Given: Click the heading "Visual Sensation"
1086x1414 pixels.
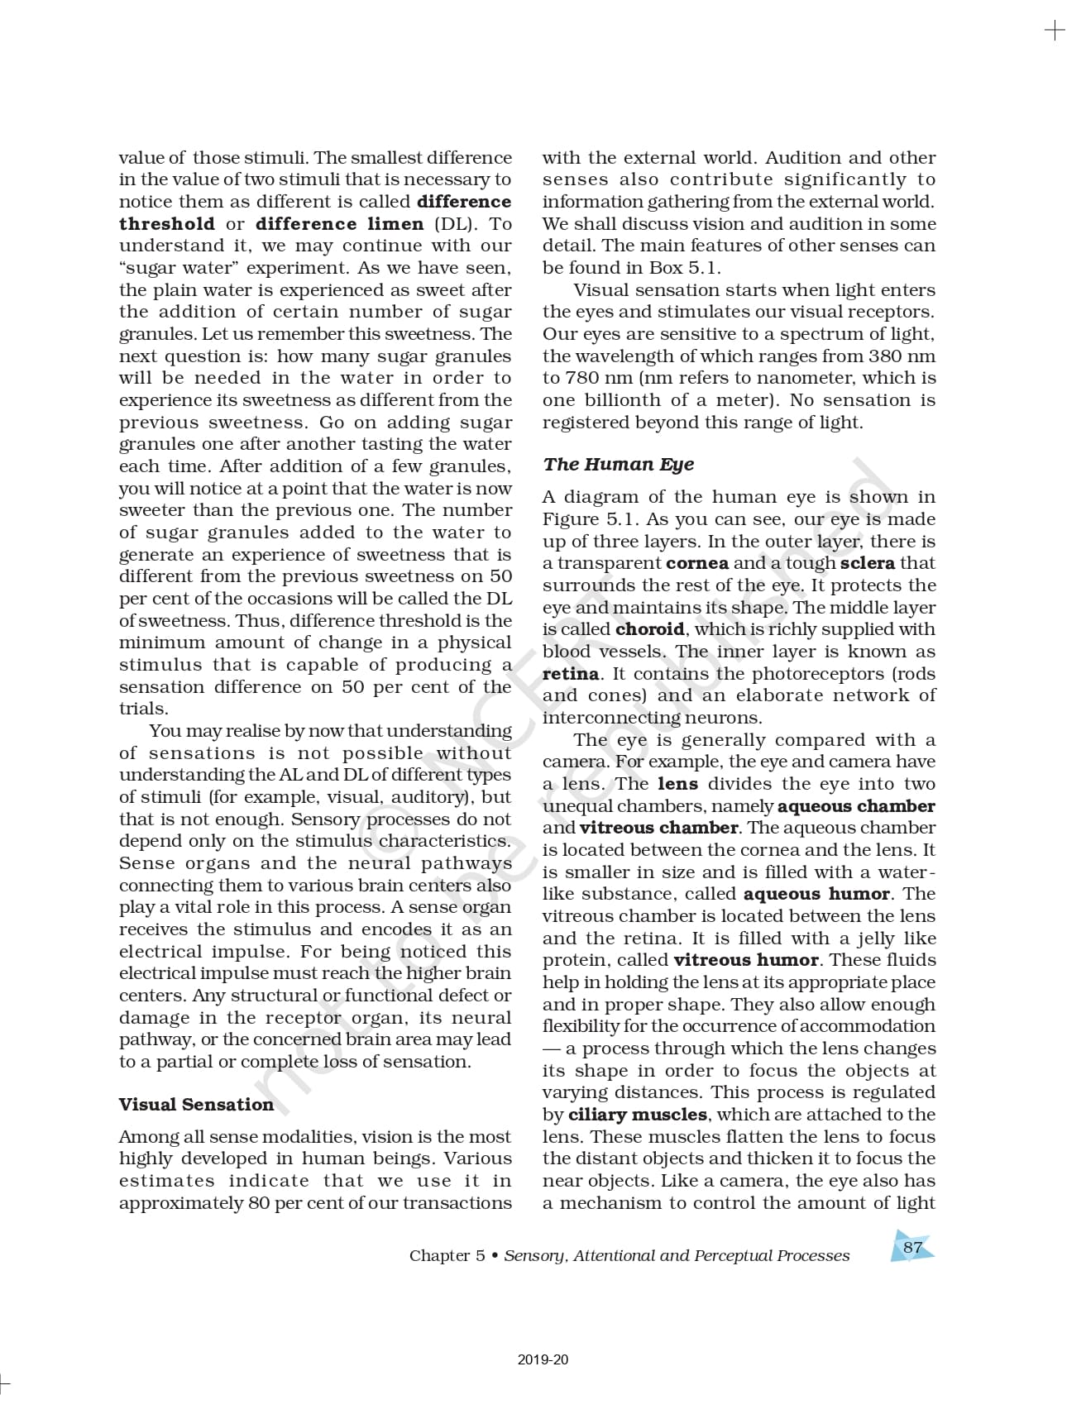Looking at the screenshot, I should click(x=196, y=1105).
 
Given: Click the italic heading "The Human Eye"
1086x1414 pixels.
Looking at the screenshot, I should click(x=618, y=464).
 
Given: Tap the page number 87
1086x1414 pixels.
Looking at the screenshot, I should click(x=912, y=1247).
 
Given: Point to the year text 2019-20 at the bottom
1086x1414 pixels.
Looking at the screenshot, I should click(x=543, y=1359).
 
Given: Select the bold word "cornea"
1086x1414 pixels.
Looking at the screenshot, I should click(x=697, y=563).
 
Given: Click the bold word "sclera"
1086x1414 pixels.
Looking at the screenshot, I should click(x=867, y=563).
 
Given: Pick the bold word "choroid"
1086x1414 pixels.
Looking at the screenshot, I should click(x=649, y=629).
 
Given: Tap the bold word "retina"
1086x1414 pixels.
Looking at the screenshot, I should click(x=571, y=674).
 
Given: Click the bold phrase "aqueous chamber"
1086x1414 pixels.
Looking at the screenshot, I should click(x=856, y=806).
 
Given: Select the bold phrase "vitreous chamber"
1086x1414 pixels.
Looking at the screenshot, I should click(x=658, y=828).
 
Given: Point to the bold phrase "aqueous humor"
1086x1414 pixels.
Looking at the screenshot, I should click(x=816, y=894).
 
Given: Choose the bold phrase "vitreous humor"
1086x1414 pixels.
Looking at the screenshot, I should click(x=746, y=960).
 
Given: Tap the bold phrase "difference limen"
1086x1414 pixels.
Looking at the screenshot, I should click(x=339, y=224).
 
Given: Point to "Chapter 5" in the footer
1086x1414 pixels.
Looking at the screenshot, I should click(x=447, y=1255).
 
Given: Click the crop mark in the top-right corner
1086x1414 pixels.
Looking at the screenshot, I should click(x=1055, y=31).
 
